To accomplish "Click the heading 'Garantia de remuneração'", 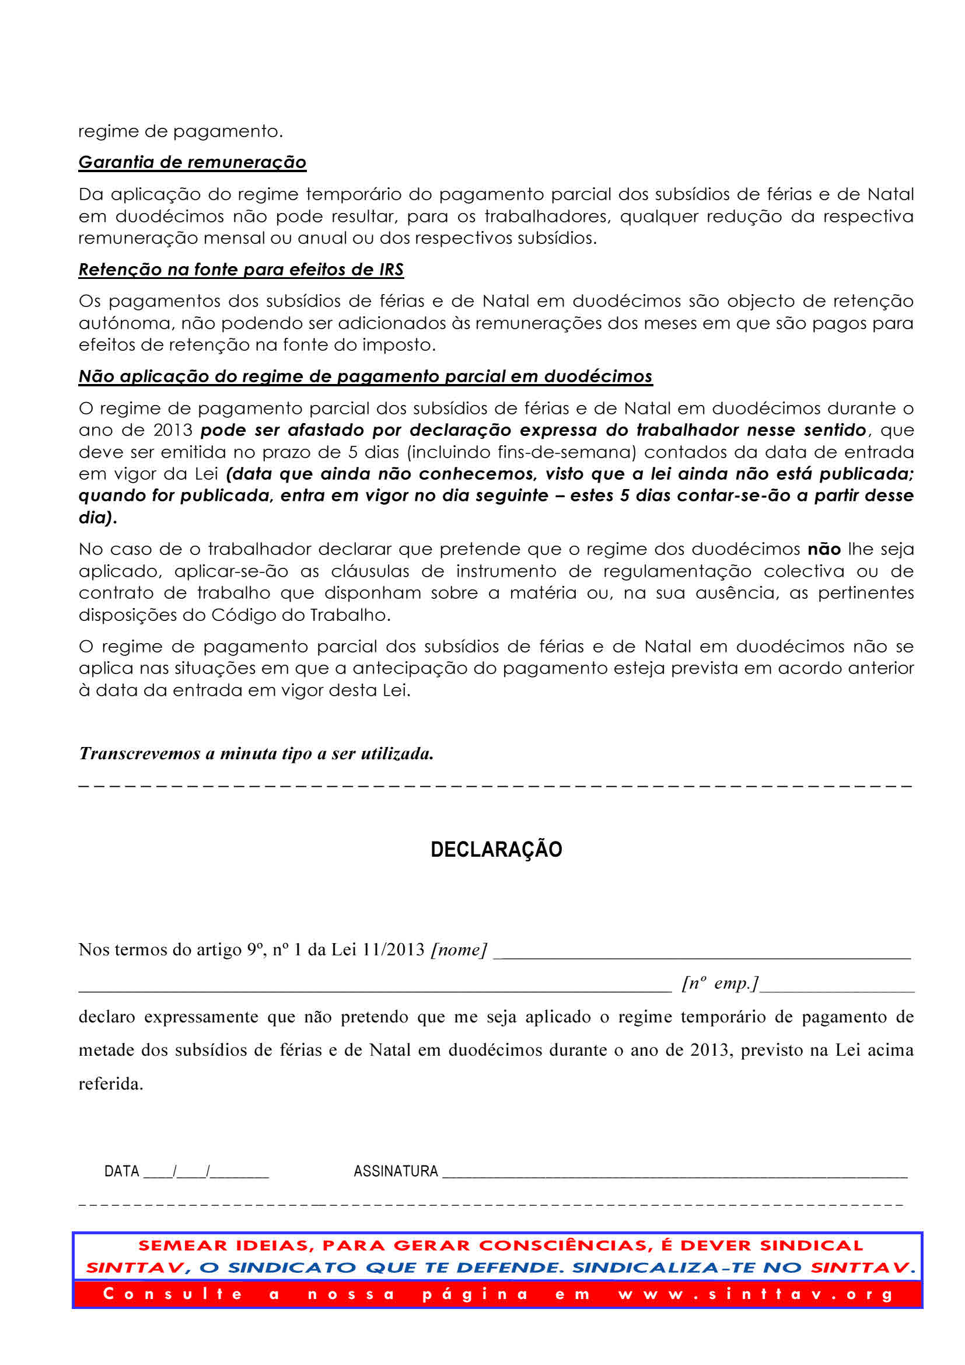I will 192,162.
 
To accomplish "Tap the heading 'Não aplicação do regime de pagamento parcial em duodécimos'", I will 365,376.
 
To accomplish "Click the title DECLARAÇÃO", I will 496,849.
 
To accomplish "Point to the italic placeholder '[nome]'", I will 459,949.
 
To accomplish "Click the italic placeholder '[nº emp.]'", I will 719,983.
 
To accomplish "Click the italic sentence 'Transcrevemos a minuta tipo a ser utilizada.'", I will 256,754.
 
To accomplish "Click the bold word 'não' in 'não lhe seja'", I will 824,549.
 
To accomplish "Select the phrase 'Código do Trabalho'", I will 300,615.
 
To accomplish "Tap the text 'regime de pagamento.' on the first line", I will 180,131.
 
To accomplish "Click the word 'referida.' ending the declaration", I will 111,1084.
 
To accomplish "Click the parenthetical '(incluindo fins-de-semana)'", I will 521,452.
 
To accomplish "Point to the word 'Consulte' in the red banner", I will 173,1294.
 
